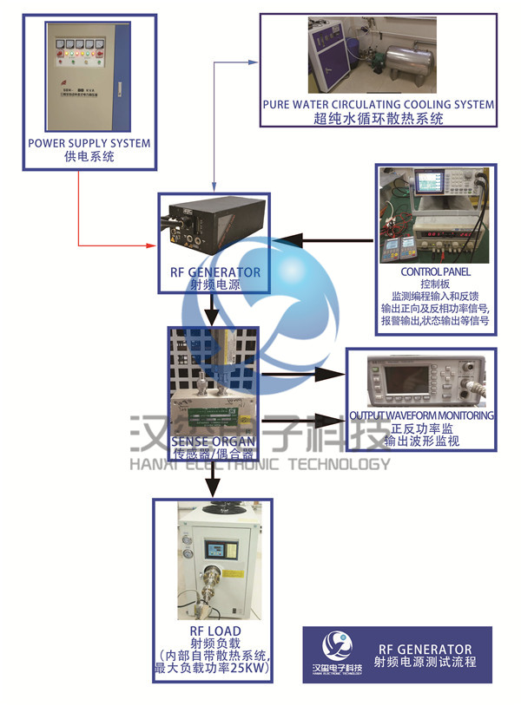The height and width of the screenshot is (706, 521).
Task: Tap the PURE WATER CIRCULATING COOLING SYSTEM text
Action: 379,105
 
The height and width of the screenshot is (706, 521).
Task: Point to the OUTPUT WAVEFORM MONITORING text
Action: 421,415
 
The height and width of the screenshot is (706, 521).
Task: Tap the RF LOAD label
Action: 214,631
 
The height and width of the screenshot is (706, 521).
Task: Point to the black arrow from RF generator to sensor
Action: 211,311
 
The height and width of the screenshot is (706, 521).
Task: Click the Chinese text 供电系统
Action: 89,157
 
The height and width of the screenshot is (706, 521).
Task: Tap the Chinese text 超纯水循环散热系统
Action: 379,119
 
